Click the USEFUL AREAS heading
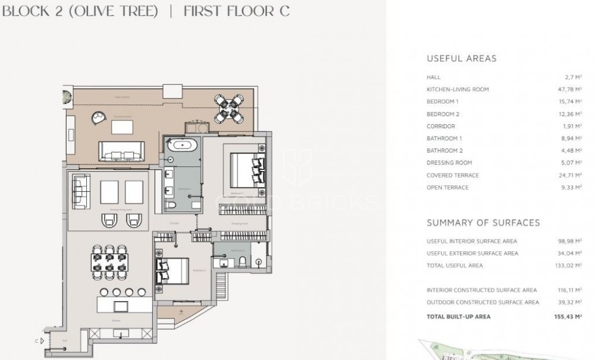coord(461,59)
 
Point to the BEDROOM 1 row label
coord(443,102)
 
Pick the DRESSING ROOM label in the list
coord(449,163)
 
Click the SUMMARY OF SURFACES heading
coord(483,223)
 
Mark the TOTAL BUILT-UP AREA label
coord(458,317)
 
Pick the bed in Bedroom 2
coord(171,270)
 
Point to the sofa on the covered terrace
coord(121,151)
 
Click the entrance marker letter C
coord(37,341)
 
